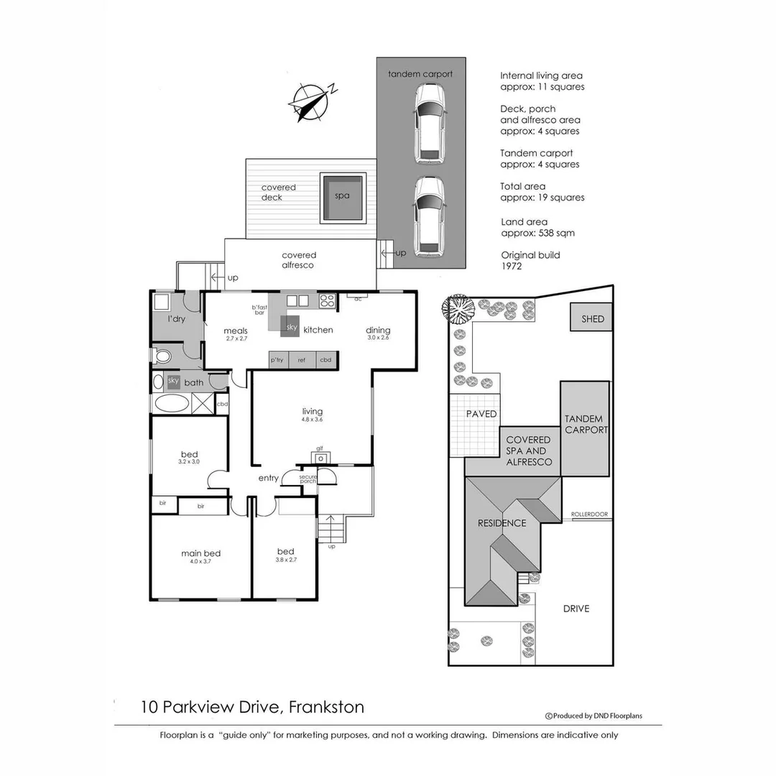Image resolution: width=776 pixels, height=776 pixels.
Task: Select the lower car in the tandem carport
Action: point(430,217)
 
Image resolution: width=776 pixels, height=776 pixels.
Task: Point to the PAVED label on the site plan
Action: point(481,414)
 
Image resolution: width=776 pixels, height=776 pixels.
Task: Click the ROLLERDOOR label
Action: point(589,514)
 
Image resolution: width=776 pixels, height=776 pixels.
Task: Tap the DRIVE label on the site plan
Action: point(576,609)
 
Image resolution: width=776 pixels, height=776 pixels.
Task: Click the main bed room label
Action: point(200,553)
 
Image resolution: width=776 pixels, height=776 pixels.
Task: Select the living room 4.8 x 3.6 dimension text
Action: point(313,420)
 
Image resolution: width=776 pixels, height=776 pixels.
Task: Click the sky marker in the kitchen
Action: point(291,327)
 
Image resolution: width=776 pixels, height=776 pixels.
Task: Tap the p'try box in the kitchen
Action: point(278,360)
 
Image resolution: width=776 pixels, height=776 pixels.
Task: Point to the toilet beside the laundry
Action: point(162,356)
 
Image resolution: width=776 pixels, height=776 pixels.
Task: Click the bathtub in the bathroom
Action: point(171,404)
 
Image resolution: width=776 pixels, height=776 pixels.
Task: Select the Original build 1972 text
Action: point(530,260)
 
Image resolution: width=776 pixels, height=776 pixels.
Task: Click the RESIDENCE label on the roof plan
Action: point(502,523)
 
